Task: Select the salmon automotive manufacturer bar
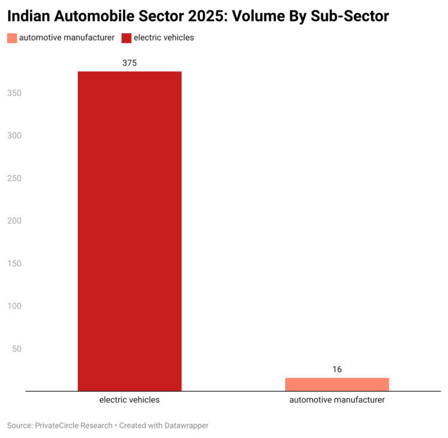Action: [337, 384]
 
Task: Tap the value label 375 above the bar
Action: [129, 63]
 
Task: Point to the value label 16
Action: [337, 369]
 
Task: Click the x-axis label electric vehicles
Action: [129, 400]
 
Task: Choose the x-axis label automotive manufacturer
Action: [337, 400]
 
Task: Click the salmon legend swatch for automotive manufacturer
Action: [12, 38]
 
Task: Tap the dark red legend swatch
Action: [126, 38]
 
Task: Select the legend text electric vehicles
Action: [164, 38]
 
